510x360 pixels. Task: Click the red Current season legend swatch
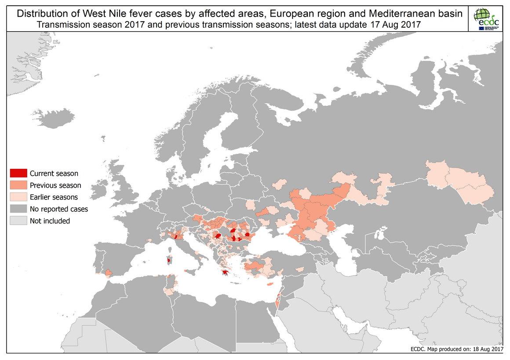18,173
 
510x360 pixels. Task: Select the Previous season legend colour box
18,185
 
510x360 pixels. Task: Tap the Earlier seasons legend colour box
18,197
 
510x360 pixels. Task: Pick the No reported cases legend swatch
18,209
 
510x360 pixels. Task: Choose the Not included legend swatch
18,221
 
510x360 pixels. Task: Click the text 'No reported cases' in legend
58,209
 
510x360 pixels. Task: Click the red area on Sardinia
168,261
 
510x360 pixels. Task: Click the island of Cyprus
269,284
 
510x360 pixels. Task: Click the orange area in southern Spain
108,273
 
